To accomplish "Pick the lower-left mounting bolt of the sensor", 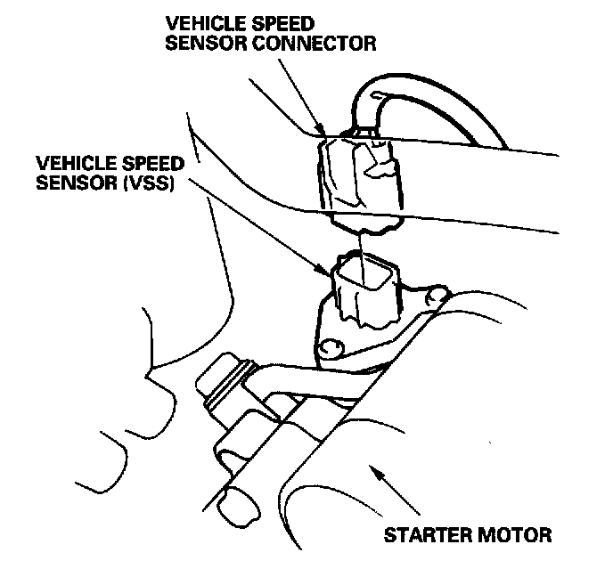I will [331, 346].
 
